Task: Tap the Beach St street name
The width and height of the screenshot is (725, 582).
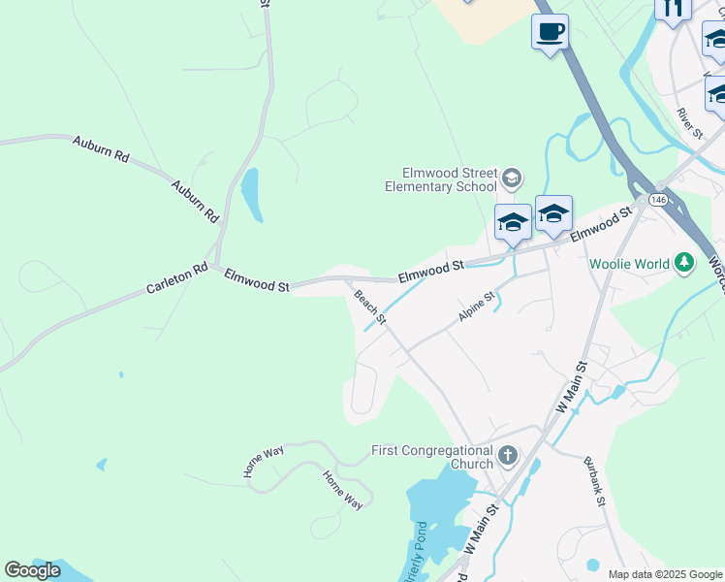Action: (370, 307)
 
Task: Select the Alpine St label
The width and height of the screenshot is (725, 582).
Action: (476, 307)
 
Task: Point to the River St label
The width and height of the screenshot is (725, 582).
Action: (690, 124)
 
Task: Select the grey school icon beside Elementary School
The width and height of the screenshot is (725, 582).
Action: (512, 178)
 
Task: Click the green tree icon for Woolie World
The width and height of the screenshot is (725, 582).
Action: (684, 262)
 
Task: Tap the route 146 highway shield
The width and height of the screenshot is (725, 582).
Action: (659, 199)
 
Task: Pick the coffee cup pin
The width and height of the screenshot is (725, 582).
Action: (550, 32)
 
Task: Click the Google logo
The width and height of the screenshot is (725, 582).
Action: (32, 570)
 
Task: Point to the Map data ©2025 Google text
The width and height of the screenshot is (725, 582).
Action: (665, 574)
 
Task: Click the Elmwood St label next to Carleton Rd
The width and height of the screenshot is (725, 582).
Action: (257, 281)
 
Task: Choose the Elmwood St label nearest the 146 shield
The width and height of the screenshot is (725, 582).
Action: (601, 223)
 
